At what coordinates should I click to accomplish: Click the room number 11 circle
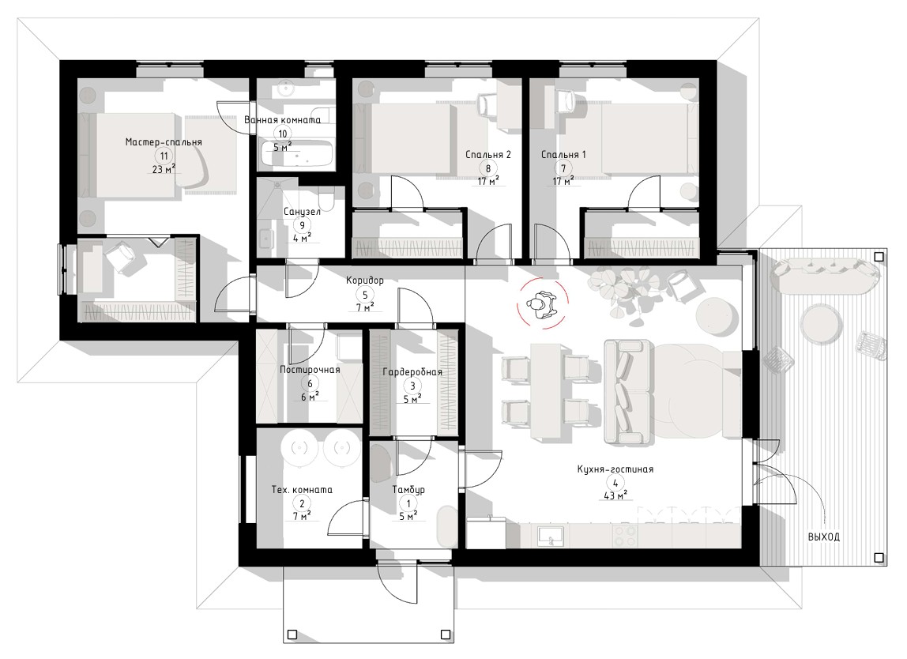[x=164, y=156]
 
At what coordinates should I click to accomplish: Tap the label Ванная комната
[x=282, y=120]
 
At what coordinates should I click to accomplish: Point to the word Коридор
[x=364, y=281]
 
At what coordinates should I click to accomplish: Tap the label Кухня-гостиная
[x=615, y=469]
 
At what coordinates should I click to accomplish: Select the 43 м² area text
[x=615, y=495]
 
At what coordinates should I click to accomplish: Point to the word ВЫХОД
[x=824, y=537]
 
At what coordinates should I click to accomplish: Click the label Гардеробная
[x=412, y=372]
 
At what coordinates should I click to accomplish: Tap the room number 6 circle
[x=310, y=383]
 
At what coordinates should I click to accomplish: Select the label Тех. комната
[x=302, y=490]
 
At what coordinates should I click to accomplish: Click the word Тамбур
[x=408, y=490]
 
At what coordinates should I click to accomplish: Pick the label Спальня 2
[x=488, y=155]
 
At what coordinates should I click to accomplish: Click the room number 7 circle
[x=563, y=169]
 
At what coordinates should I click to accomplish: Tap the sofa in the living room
[x=627, y=392]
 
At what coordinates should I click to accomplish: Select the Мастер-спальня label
[x=164, y=142]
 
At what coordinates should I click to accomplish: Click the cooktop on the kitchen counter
[x=623, y=536]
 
